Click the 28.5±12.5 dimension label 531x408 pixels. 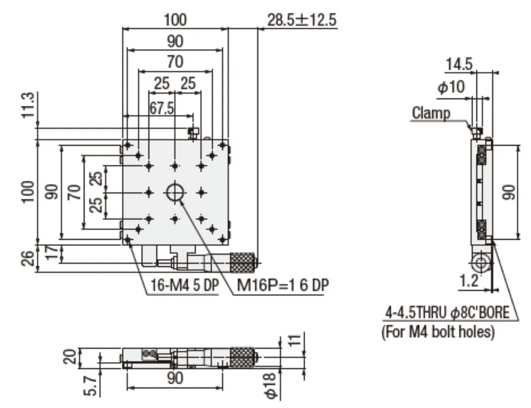click(x=302, y=20)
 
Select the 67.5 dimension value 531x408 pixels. click(x=161, y=108)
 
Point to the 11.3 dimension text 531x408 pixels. click(x=28, y=105)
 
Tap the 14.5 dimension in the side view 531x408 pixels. click(x=459, y=64)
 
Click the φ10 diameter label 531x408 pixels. click(x=451, y=87)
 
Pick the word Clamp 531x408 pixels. click(x=431, y=113)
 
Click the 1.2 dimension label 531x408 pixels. click(x=470, y=281)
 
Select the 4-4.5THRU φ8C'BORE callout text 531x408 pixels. click(x=447, y=312)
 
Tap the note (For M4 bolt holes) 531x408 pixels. click(x=438, y=331)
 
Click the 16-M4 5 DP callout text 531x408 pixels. click(x=185, y=285)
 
